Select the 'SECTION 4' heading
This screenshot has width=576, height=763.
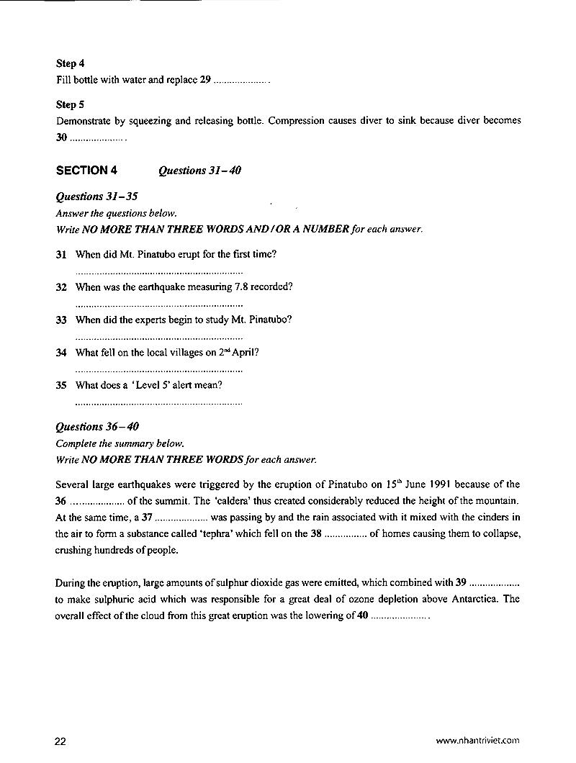pos(86,171)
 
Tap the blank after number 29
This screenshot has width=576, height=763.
pos(240,81)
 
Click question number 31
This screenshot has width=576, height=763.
pos(60,254)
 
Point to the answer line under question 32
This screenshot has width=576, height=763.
pos(158,305)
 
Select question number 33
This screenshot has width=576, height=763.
pos(60,320)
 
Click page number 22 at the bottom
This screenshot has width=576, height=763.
pos(60,741)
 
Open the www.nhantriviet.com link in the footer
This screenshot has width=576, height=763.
pos(477,741)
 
